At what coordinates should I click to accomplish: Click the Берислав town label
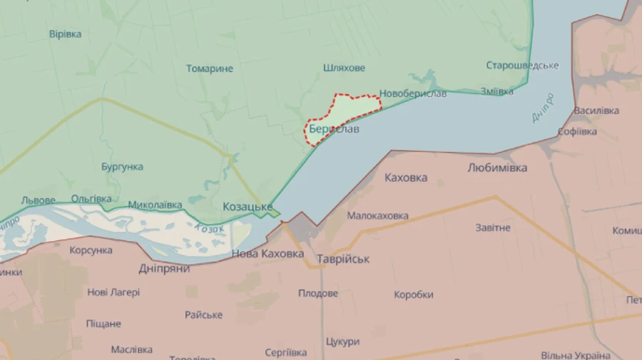[x=334, y=130]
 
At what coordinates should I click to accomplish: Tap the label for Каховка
[x=406, y=178]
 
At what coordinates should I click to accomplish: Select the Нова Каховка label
[x=267, y=254]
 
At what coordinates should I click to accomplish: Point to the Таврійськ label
[x=343, y=259]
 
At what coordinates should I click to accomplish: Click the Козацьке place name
[x=248, y=207]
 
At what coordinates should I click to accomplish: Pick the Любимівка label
[x=497, y=168]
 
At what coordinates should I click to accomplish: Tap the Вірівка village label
[x=66, y=34]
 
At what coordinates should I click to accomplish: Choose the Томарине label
[x=210, y=69]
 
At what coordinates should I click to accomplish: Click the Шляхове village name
[x=344, y=68]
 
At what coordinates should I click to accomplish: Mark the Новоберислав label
[x=413, y=93]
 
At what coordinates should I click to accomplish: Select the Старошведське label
[x=522, y=66]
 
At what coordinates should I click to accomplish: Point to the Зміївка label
[x=496, y=91]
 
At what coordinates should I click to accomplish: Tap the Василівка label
[x=596, y=111]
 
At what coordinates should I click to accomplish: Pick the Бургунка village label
[x=122, y=167]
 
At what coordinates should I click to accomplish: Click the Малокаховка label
[x=378, y=215]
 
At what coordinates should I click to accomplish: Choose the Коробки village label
[x=414, y=294]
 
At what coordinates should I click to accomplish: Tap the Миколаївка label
[x=155, y=205]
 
